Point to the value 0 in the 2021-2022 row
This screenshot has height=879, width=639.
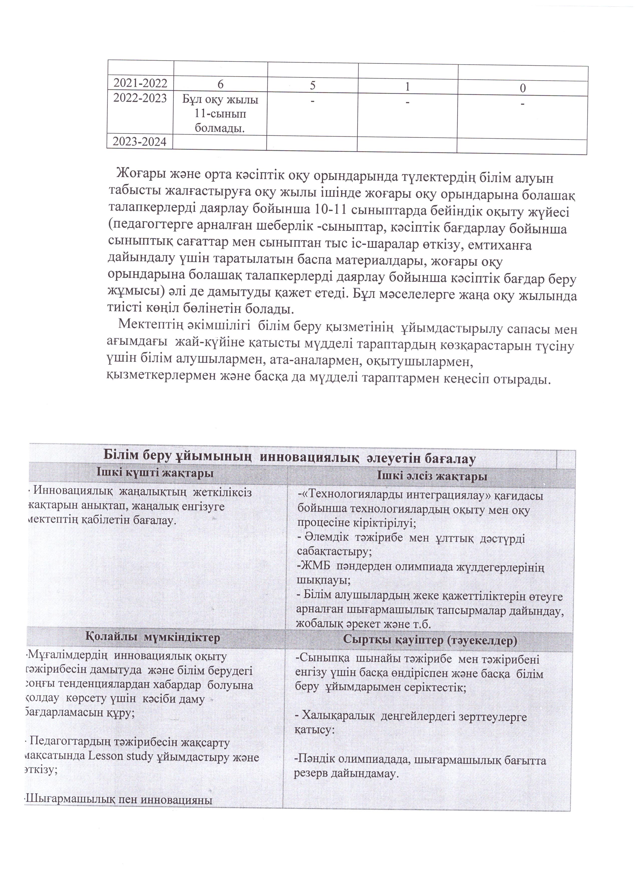[523, 89]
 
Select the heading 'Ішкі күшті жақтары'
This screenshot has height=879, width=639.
[155, 473]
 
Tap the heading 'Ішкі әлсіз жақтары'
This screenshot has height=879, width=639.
[432, 476]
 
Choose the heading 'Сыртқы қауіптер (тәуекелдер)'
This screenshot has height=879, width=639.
[430, 641]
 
